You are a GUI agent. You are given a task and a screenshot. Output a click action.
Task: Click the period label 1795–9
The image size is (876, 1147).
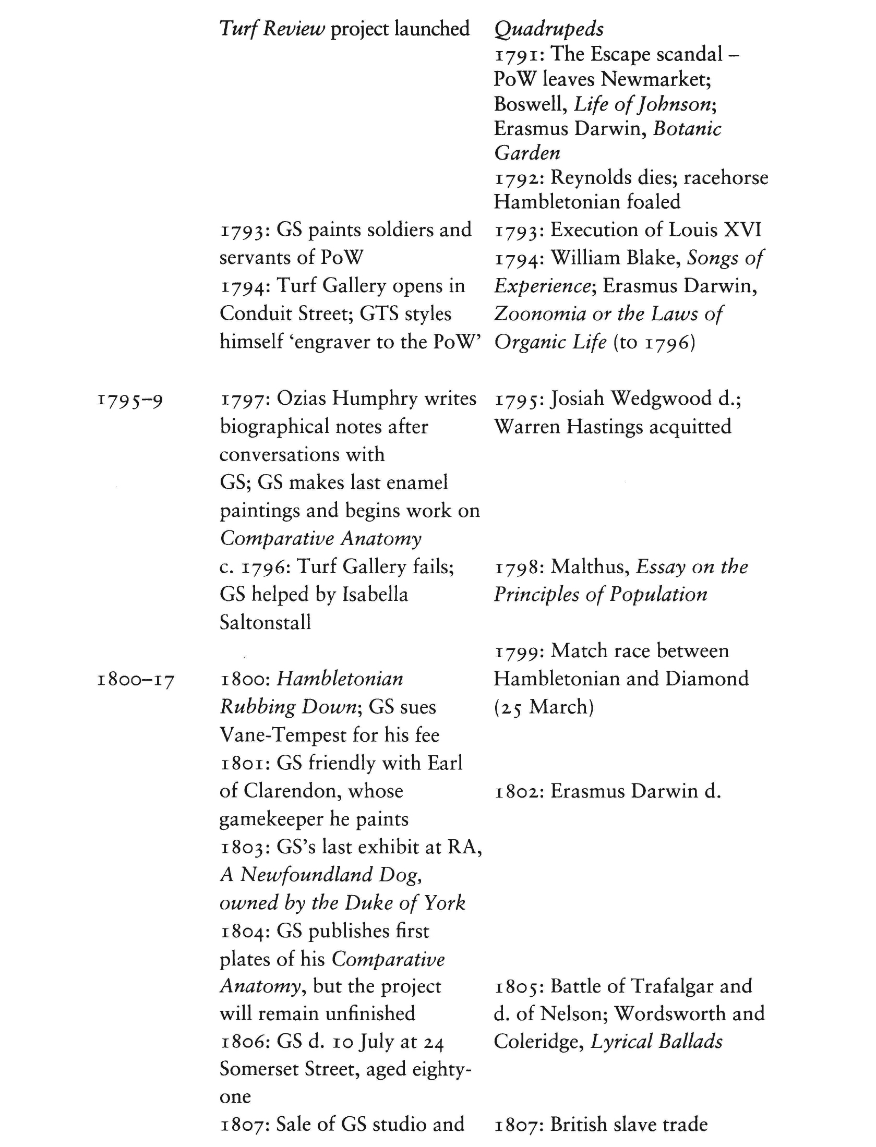(x=130, y=401)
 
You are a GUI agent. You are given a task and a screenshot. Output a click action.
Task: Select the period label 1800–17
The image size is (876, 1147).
(x=136, y=681)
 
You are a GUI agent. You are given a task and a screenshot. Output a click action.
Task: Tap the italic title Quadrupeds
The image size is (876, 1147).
(x=549, y=29)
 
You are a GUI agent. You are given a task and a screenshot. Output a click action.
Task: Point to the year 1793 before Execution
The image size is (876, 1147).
(x=519, y=231)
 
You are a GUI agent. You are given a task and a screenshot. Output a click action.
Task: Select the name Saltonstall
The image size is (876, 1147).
(x=265, y=622)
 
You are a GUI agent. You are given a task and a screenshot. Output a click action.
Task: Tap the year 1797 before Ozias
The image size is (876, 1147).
(x=244, y=399)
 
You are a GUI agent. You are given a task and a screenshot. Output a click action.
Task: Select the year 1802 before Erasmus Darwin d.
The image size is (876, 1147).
(x=519, y=791)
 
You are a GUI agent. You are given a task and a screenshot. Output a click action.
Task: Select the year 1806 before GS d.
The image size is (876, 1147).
(x=244, y=1042)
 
